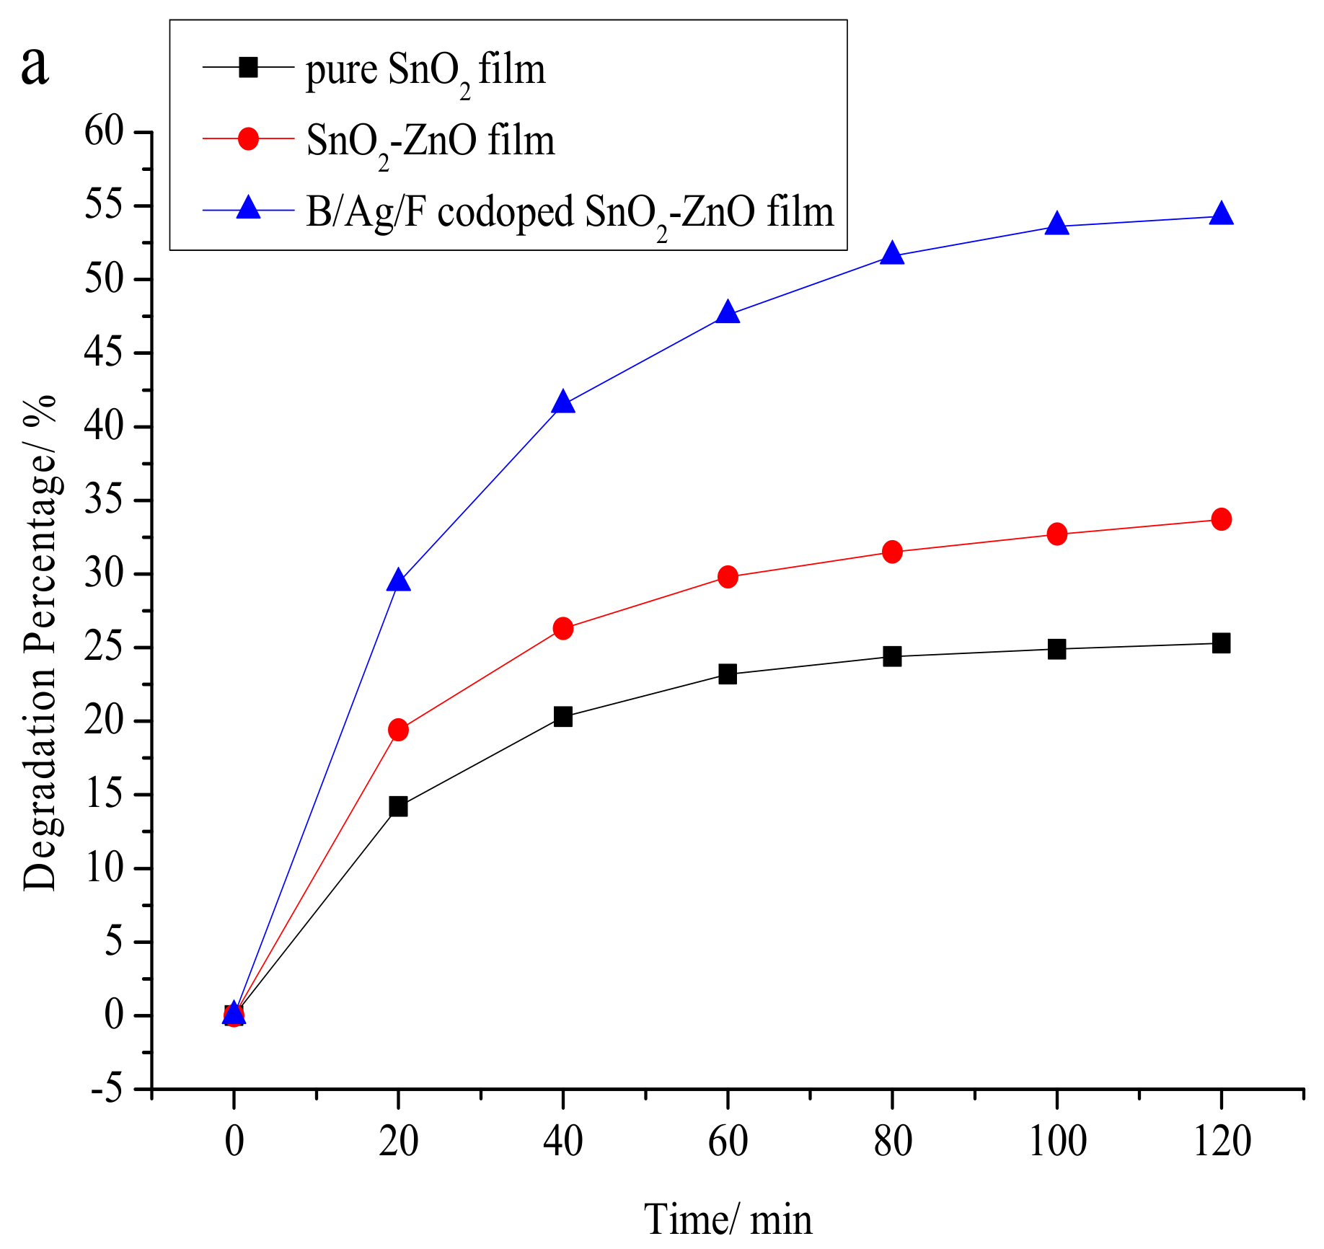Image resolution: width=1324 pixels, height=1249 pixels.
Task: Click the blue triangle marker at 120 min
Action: click(1221, 214)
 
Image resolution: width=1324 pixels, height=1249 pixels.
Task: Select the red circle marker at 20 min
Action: click(398, 730)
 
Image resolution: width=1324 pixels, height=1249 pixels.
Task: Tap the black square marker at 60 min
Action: click(728, 674)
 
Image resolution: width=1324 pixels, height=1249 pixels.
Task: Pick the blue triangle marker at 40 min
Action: click(563, 403)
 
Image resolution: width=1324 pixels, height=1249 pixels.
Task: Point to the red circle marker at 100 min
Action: click(1056, 534)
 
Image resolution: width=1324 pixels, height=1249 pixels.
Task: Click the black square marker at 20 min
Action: click(398, 806)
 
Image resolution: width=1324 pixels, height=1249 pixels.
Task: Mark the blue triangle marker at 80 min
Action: click(892, 254)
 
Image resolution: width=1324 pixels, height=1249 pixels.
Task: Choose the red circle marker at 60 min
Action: click(728, 577)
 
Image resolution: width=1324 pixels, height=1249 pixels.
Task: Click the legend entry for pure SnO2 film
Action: click(425, 70)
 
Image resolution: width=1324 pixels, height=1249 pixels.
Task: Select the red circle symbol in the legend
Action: click(248, 138)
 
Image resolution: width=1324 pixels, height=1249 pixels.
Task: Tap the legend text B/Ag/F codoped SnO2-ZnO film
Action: click(570, 212)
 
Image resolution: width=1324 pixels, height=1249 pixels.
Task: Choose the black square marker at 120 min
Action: click(1221, 643)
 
